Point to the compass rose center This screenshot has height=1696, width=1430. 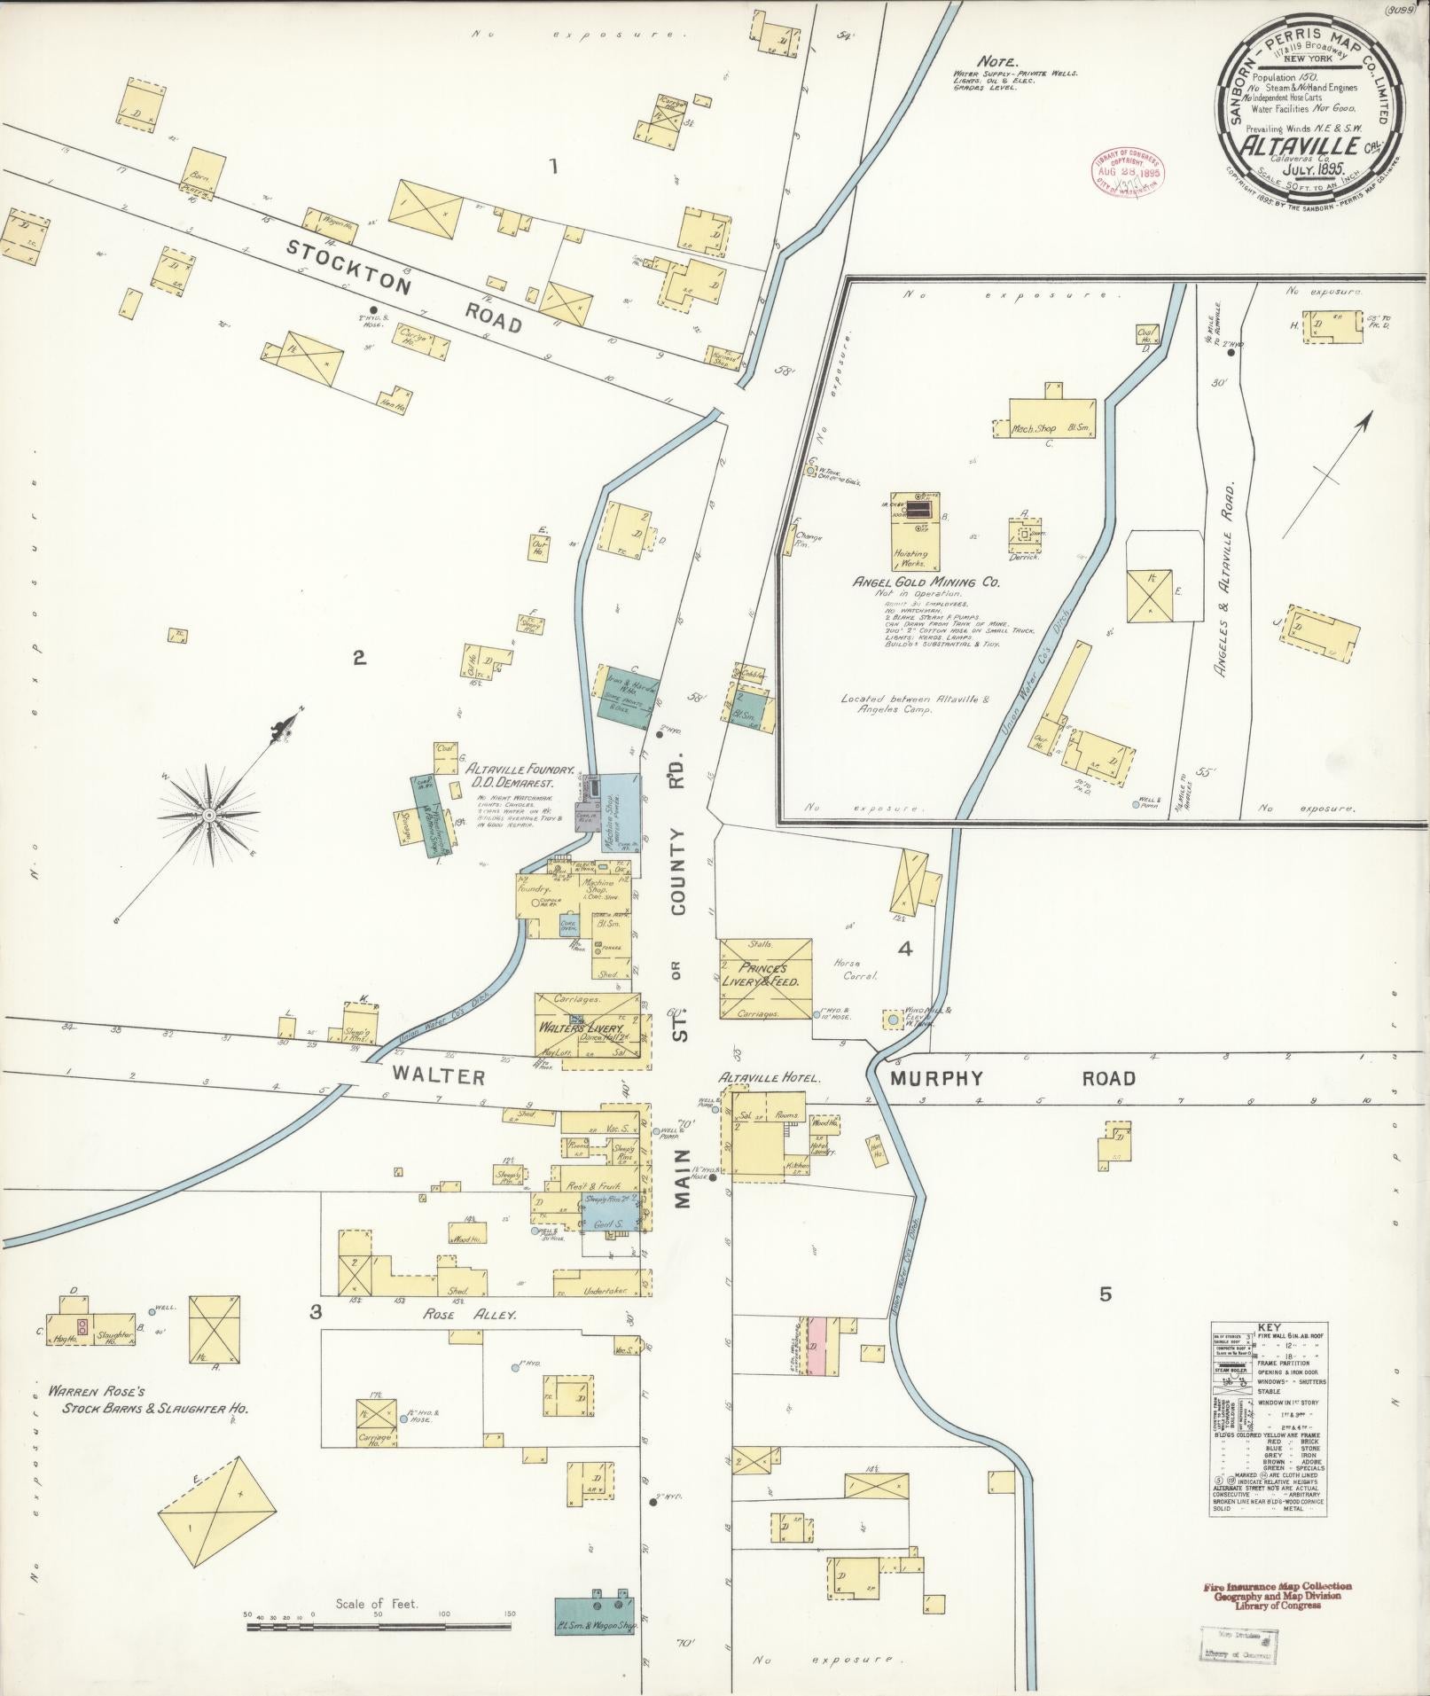(208, 814)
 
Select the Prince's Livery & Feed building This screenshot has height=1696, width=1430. (764, 978)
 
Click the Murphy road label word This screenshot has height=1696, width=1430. (927, 1078)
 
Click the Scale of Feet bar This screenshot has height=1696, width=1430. (378, 1626)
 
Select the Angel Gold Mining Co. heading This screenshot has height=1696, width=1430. (926, 582)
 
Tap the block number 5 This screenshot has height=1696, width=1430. (1105, 1294)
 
